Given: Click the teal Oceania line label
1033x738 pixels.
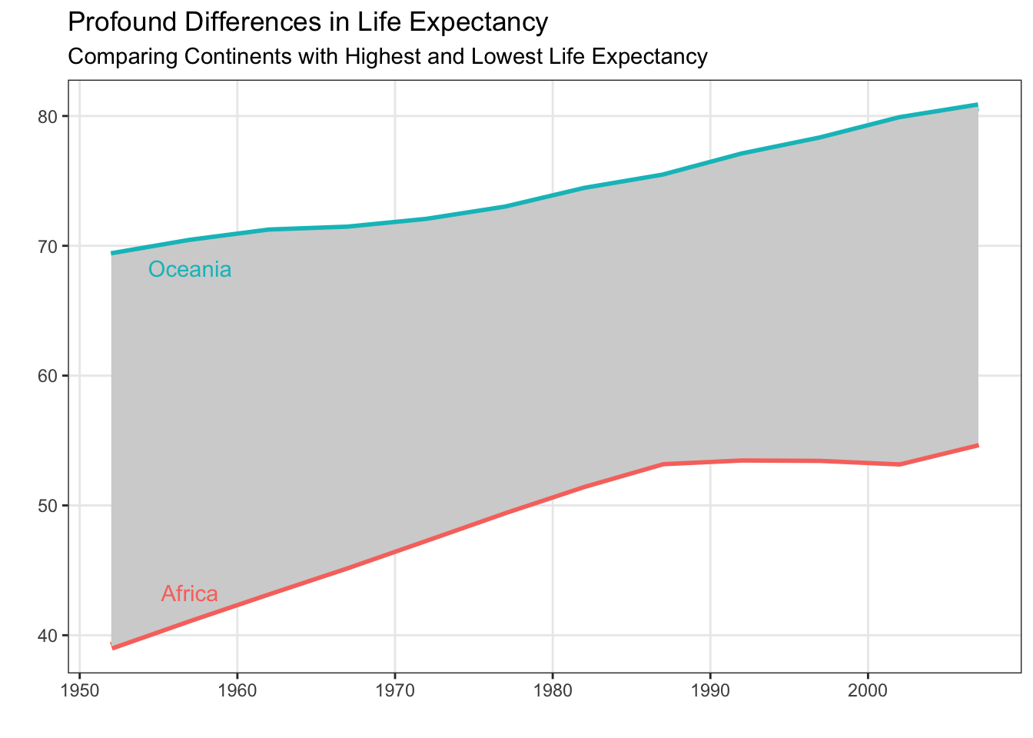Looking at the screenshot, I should point(190,270).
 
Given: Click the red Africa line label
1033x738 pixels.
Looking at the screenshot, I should point(189,594).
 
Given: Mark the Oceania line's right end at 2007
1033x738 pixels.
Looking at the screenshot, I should point(978,105).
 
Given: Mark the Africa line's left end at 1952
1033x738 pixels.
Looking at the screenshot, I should point(112,648).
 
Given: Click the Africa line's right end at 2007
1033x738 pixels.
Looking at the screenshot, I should point(978,445).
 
